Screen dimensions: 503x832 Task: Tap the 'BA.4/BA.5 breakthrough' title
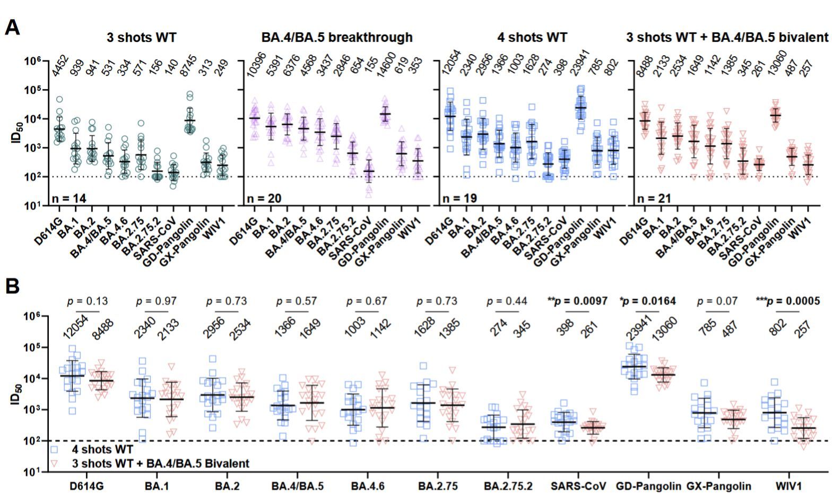click(337, 37)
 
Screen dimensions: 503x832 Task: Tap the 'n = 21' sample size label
click(654, 198)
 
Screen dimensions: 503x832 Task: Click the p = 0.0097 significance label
click(577, 301)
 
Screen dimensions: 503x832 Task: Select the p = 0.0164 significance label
click(647, 301)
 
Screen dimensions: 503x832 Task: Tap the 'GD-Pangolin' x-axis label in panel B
click(648, 486)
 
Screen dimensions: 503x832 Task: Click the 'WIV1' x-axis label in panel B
click(786, 486)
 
